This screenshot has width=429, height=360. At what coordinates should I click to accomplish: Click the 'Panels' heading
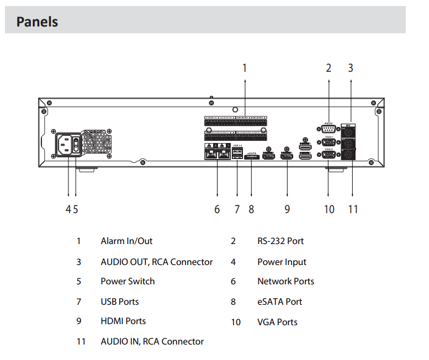[x=37, y=22]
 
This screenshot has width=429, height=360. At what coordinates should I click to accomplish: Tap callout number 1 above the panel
[x=245, y=68]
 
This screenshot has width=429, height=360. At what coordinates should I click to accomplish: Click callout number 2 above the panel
[x=329, y=68]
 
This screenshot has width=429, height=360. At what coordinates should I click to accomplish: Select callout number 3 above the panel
[x=351, y=68]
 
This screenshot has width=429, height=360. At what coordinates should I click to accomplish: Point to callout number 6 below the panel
[x=217, y=209]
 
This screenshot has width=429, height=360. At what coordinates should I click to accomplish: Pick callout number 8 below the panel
[x=251, y=209]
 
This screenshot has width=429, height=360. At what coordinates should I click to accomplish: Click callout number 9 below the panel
[x=287, y=209]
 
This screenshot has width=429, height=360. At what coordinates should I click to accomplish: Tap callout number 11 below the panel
[x=353, y=209]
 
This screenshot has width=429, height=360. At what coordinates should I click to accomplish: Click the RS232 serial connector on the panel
[x=329, y=129]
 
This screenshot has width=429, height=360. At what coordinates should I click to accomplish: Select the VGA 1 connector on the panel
[x=329, y=142]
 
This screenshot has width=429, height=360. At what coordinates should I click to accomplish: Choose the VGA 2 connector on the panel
[x=329, y=155]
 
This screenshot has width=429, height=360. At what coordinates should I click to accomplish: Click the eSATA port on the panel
[x=252, y=158]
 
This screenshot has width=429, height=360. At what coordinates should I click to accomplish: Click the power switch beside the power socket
[x=76, y=146]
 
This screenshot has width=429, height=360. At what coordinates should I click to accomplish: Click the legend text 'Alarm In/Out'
[x=126, y=241]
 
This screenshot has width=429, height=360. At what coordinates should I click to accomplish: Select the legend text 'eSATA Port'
[x=279, y=302]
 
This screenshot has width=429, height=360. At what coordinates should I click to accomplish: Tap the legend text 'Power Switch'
[x=128, y=282]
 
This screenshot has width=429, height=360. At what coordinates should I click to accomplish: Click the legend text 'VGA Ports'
[x=277, y=322]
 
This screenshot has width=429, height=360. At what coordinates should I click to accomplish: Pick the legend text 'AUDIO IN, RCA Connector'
[x=152, y=342]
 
